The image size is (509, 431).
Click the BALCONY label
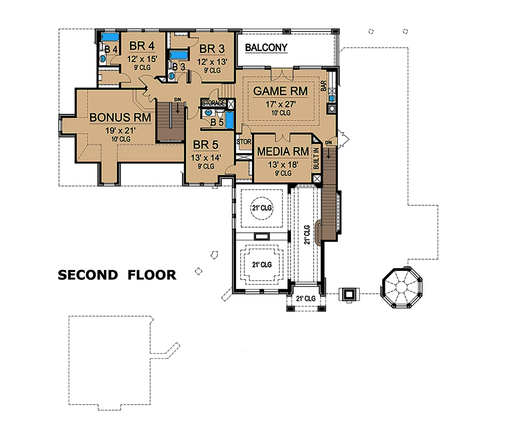[266, 48]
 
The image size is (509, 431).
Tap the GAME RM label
[280, 91]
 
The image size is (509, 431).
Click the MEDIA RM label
[283, 151]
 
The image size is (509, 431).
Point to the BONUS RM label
[121, 117]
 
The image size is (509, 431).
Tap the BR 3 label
[212, 49]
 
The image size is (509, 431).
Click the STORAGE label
[214, 103]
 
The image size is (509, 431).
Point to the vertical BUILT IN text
[316, 158]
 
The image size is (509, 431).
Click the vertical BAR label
[324, 86]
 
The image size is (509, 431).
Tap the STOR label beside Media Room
[244, 142]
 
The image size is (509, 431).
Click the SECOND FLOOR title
[117, 275]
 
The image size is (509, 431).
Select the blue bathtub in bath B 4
[109, 38]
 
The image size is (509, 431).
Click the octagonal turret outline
[402, 287]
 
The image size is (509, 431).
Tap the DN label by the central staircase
[177, 100]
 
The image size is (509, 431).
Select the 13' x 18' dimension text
[283, 164]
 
